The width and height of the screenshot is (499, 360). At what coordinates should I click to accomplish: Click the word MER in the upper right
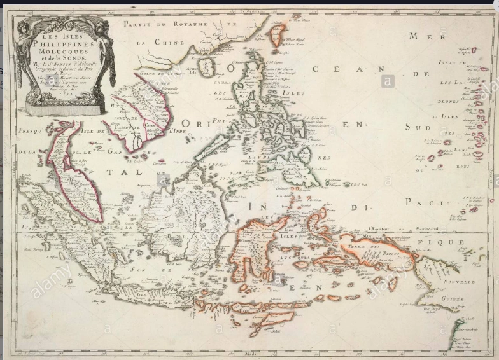tap(422, 36)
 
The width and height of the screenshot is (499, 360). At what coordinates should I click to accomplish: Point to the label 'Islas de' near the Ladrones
tap(451, 62)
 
